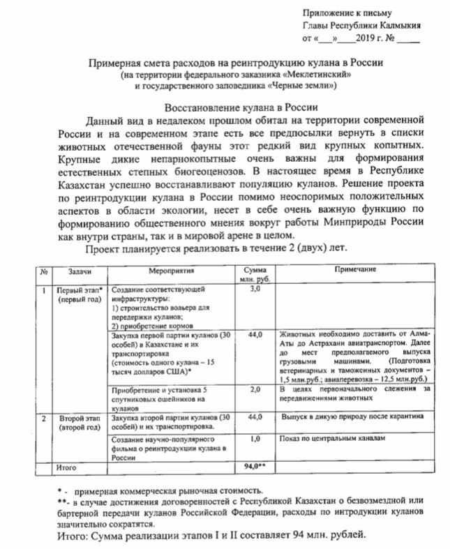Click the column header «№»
point(44,270)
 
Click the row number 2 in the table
point(44,417)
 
